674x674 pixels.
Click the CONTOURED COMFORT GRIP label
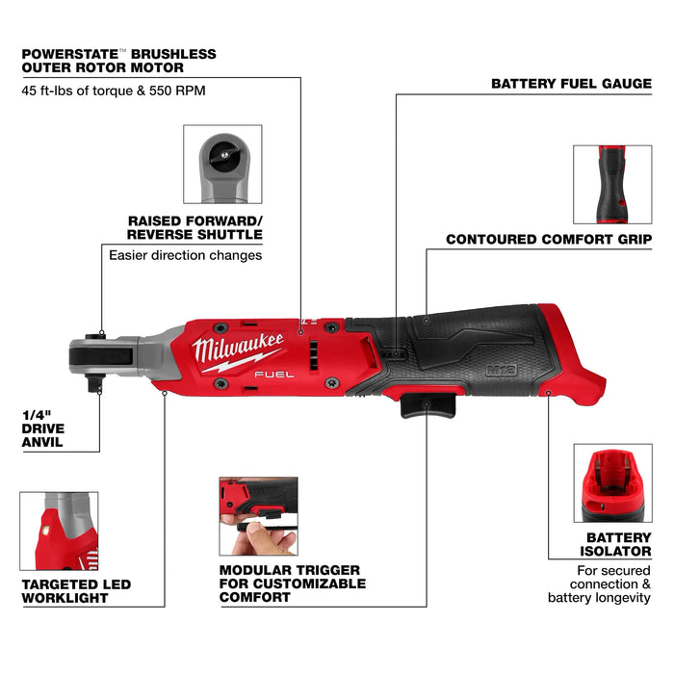(548, 239)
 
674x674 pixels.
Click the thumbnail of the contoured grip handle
(612, 184)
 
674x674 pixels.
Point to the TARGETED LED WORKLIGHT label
(75, 591)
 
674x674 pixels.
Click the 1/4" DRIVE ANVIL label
(42, 428)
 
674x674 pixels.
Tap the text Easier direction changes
(185, 255)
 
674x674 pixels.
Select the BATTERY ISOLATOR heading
(618, 545)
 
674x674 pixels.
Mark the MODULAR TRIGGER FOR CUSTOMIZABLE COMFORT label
(292, 583)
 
